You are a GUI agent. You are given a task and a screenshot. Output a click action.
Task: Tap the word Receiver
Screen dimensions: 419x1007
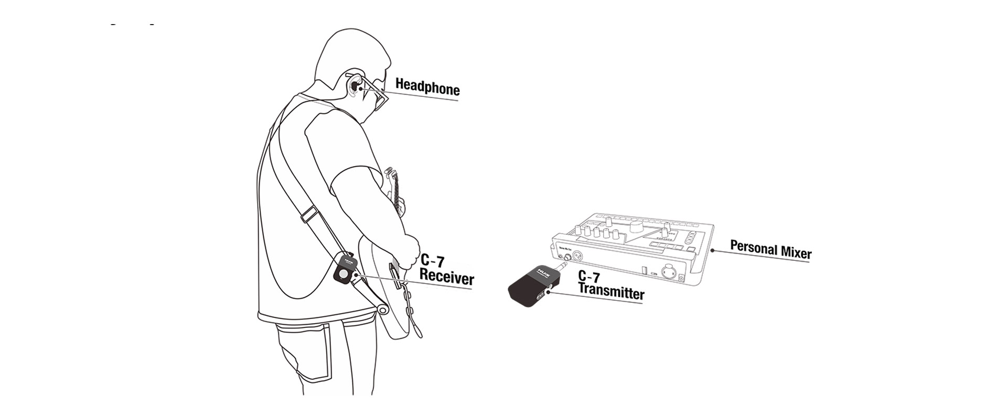point(446,277)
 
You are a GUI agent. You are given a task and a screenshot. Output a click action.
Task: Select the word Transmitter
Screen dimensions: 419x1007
point(611,290)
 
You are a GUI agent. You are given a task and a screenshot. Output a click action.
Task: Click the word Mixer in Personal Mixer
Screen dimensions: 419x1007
point(796,252)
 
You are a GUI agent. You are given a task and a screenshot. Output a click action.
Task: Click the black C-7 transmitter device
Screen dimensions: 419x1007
point(530,285)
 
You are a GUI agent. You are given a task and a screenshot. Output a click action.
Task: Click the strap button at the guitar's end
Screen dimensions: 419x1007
point(383,310)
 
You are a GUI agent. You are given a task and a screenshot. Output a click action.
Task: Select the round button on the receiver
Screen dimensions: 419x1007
point(344,273)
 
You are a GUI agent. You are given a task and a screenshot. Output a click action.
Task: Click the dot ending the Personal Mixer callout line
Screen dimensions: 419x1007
point(712,250)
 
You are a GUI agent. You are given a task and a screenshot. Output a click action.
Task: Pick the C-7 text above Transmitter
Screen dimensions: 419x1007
point(589,277)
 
